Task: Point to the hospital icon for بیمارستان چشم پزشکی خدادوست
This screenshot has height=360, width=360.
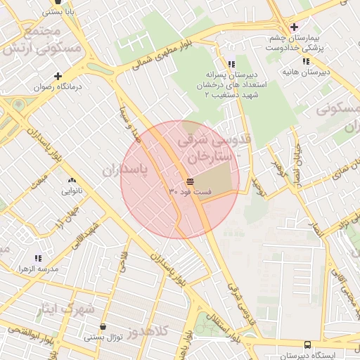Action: point(294,27)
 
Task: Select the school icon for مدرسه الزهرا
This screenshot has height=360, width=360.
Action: point(37,258)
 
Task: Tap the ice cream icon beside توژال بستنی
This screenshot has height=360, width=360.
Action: point(104,327)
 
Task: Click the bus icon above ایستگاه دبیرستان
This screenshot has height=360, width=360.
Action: point(307,345)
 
